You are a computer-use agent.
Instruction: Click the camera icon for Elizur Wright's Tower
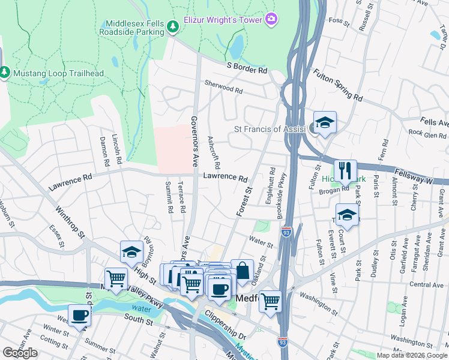[x=271, y=20]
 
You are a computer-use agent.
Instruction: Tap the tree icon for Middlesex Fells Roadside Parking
[x=173, y=26]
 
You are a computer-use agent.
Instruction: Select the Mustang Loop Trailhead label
[x=58, y=73]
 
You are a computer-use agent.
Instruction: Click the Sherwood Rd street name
[x=223, y=88]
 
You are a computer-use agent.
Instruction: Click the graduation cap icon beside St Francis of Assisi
[x=325, y=123]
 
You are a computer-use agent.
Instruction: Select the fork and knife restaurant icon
[x=345, y=170]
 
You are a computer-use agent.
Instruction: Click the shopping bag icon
[x=243, y=271]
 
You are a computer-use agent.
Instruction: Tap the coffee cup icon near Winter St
[x=79, y=315]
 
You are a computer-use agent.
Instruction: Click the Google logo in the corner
[x=20, y=353]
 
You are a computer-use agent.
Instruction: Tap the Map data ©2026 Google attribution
[x=411, y=355]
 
